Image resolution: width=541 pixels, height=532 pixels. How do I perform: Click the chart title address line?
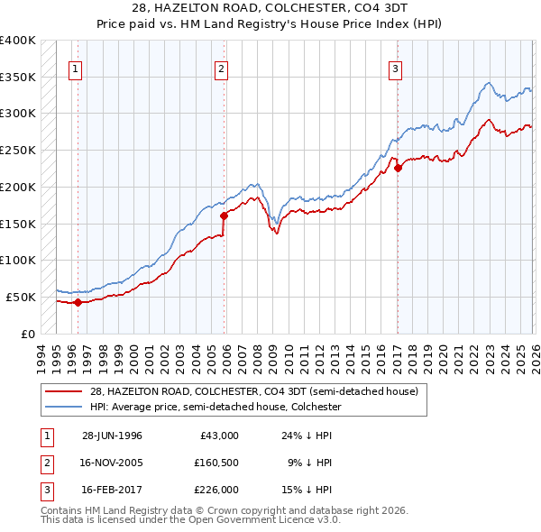point(270,8)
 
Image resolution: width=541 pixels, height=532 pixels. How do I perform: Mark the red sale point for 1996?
point(78,302)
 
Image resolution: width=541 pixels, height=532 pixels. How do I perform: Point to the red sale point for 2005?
point(224,216)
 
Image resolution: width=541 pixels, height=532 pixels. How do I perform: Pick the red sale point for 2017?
point(397,167)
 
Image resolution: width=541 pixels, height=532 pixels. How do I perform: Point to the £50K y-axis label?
point(21,297)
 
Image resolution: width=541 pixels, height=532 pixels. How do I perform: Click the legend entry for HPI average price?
point(215,407)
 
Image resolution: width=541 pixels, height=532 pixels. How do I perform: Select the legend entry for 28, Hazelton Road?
point(253,392)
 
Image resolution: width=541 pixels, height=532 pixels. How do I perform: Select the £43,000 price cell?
point(219,436)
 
